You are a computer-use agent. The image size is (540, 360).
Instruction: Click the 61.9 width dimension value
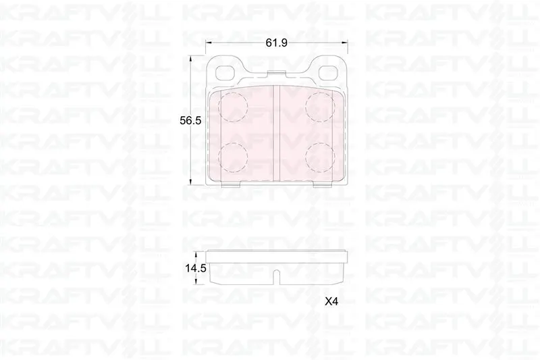point(276,43)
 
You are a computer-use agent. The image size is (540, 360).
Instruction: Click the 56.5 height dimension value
point(190,121)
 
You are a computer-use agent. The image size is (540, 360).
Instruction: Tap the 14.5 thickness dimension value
point(196,268)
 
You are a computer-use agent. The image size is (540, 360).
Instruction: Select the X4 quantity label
point(331,302)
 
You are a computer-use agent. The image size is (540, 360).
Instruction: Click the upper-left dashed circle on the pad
point(233,107)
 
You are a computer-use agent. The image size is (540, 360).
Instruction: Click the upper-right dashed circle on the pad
point(320,107)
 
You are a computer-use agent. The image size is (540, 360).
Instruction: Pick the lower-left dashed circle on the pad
point(233,157)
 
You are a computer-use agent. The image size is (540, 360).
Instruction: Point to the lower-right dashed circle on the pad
point(320,157)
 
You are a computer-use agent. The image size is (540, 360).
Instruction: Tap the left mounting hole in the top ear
point(225,73)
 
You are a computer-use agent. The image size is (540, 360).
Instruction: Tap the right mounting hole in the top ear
point(328,73)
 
